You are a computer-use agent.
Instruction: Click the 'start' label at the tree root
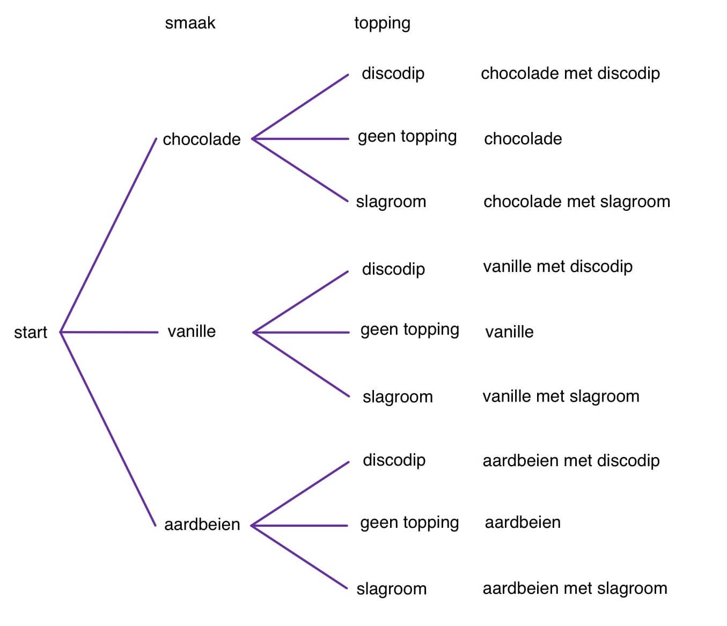(31, 333)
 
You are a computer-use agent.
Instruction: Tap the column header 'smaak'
(190, 23)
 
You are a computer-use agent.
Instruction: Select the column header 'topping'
(382, 23)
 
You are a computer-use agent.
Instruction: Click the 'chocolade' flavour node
(201, 139)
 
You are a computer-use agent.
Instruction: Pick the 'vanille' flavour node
(192, 332)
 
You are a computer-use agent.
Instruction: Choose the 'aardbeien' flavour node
(202, 524)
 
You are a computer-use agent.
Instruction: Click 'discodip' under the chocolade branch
(393, 73)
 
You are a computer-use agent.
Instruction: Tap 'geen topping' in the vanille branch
(409, 329)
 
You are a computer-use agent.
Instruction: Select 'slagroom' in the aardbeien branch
(391, 589)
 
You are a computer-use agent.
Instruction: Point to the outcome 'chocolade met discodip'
(570, 73)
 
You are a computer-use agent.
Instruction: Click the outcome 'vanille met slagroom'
(561, 396)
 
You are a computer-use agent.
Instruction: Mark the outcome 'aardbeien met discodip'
(571, 461)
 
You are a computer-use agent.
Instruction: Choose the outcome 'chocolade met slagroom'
(576, 202)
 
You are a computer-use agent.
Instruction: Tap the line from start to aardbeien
(108, 429)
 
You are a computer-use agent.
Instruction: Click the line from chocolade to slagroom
(300, 170)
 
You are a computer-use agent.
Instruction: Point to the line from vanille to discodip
(300, 302)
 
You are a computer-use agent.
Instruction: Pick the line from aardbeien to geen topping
(300, 526)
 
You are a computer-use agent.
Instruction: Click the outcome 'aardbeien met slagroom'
(575, 588)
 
